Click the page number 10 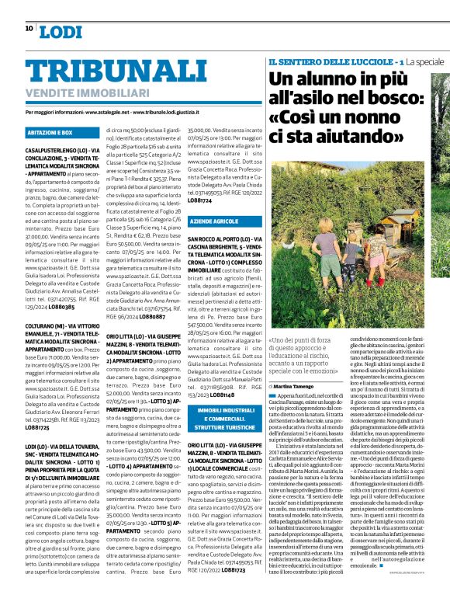[29, 28]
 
